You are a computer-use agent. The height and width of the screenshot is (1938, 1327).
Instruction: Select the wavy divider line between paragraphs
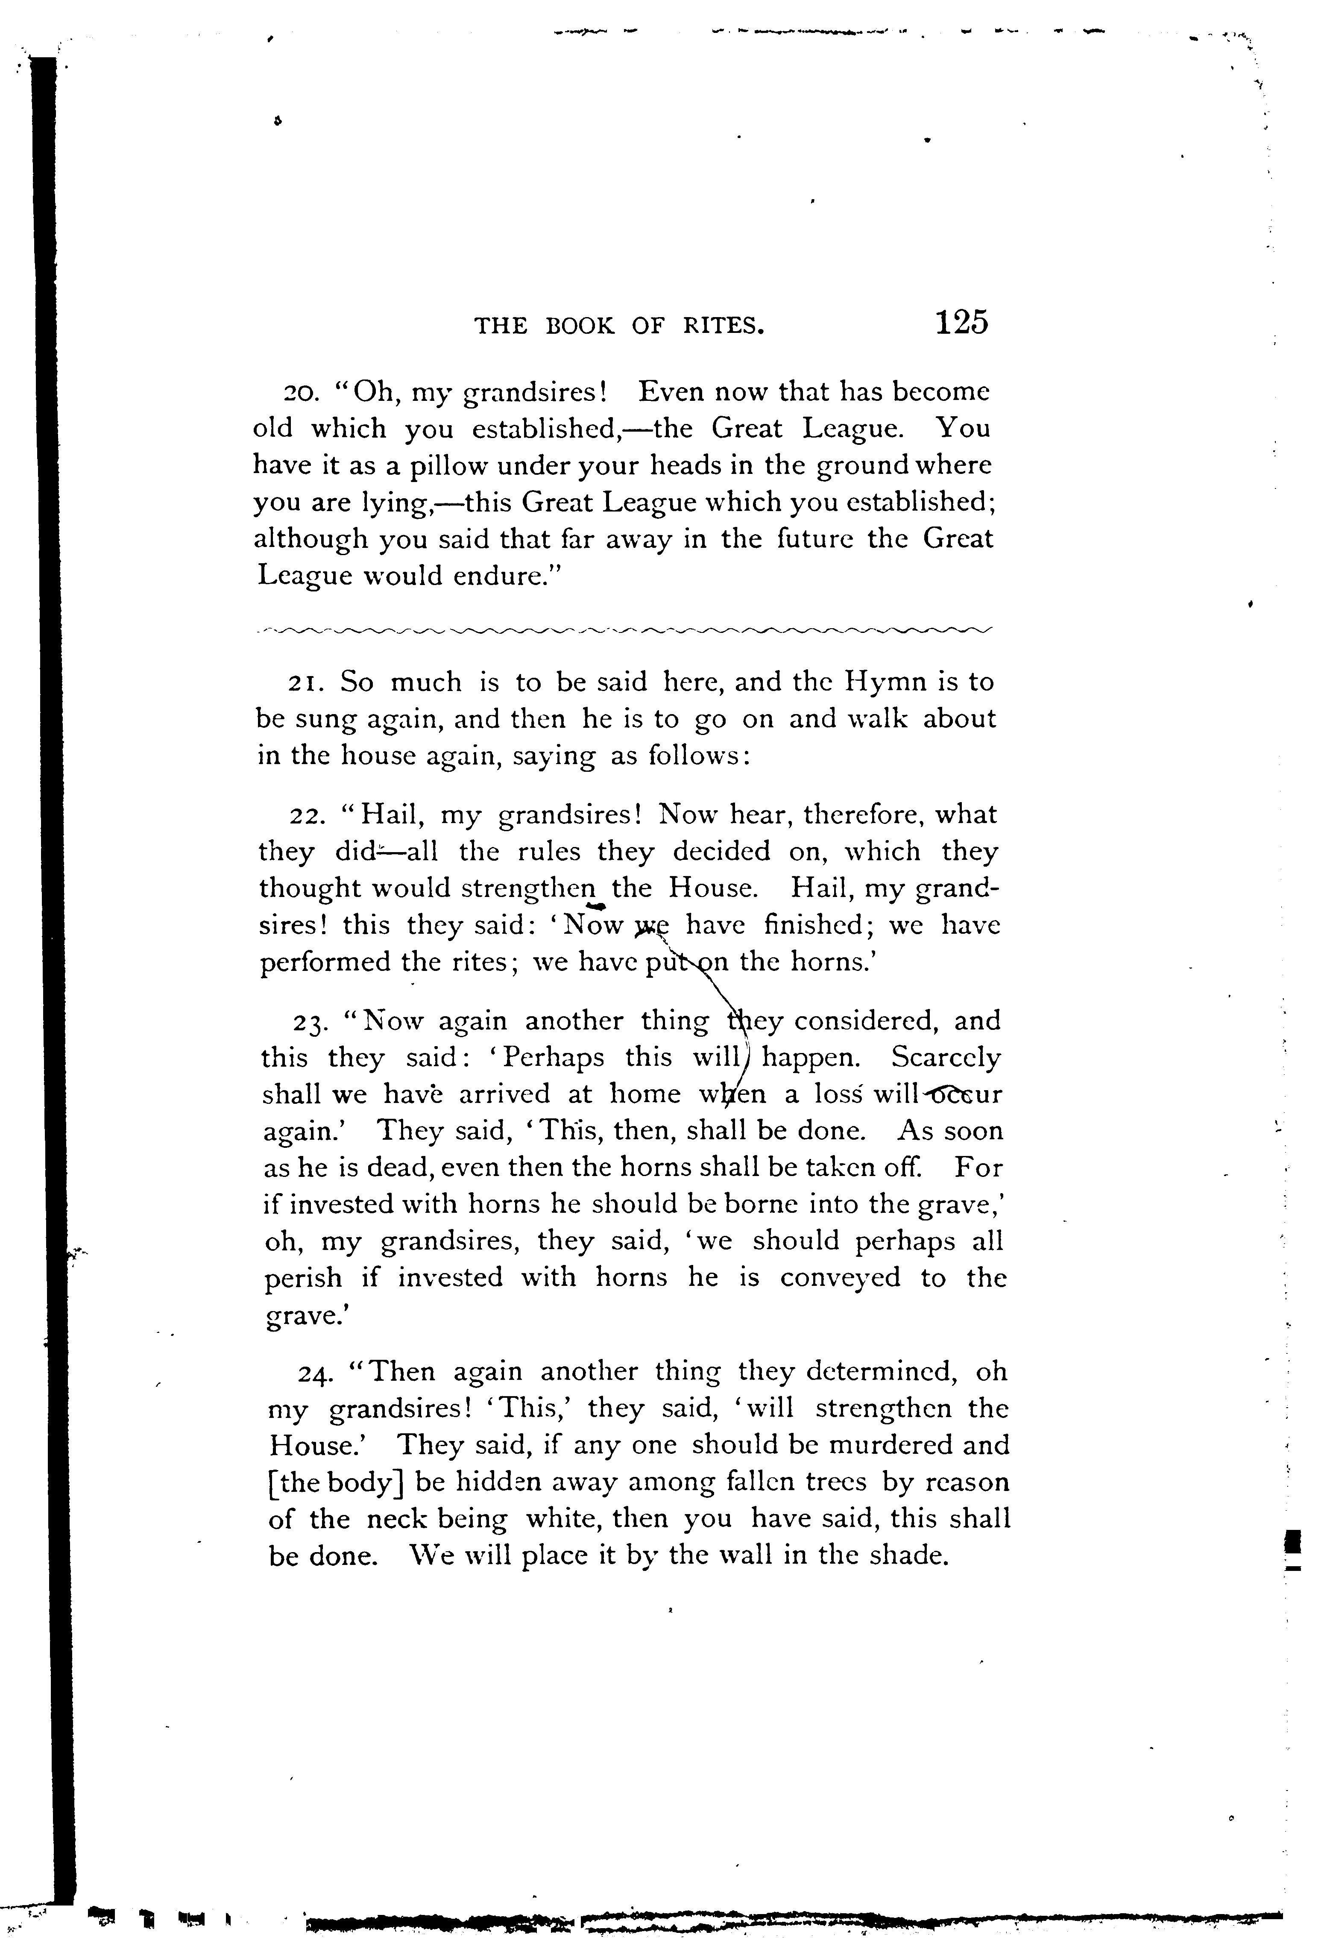[x=625, y=629]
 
